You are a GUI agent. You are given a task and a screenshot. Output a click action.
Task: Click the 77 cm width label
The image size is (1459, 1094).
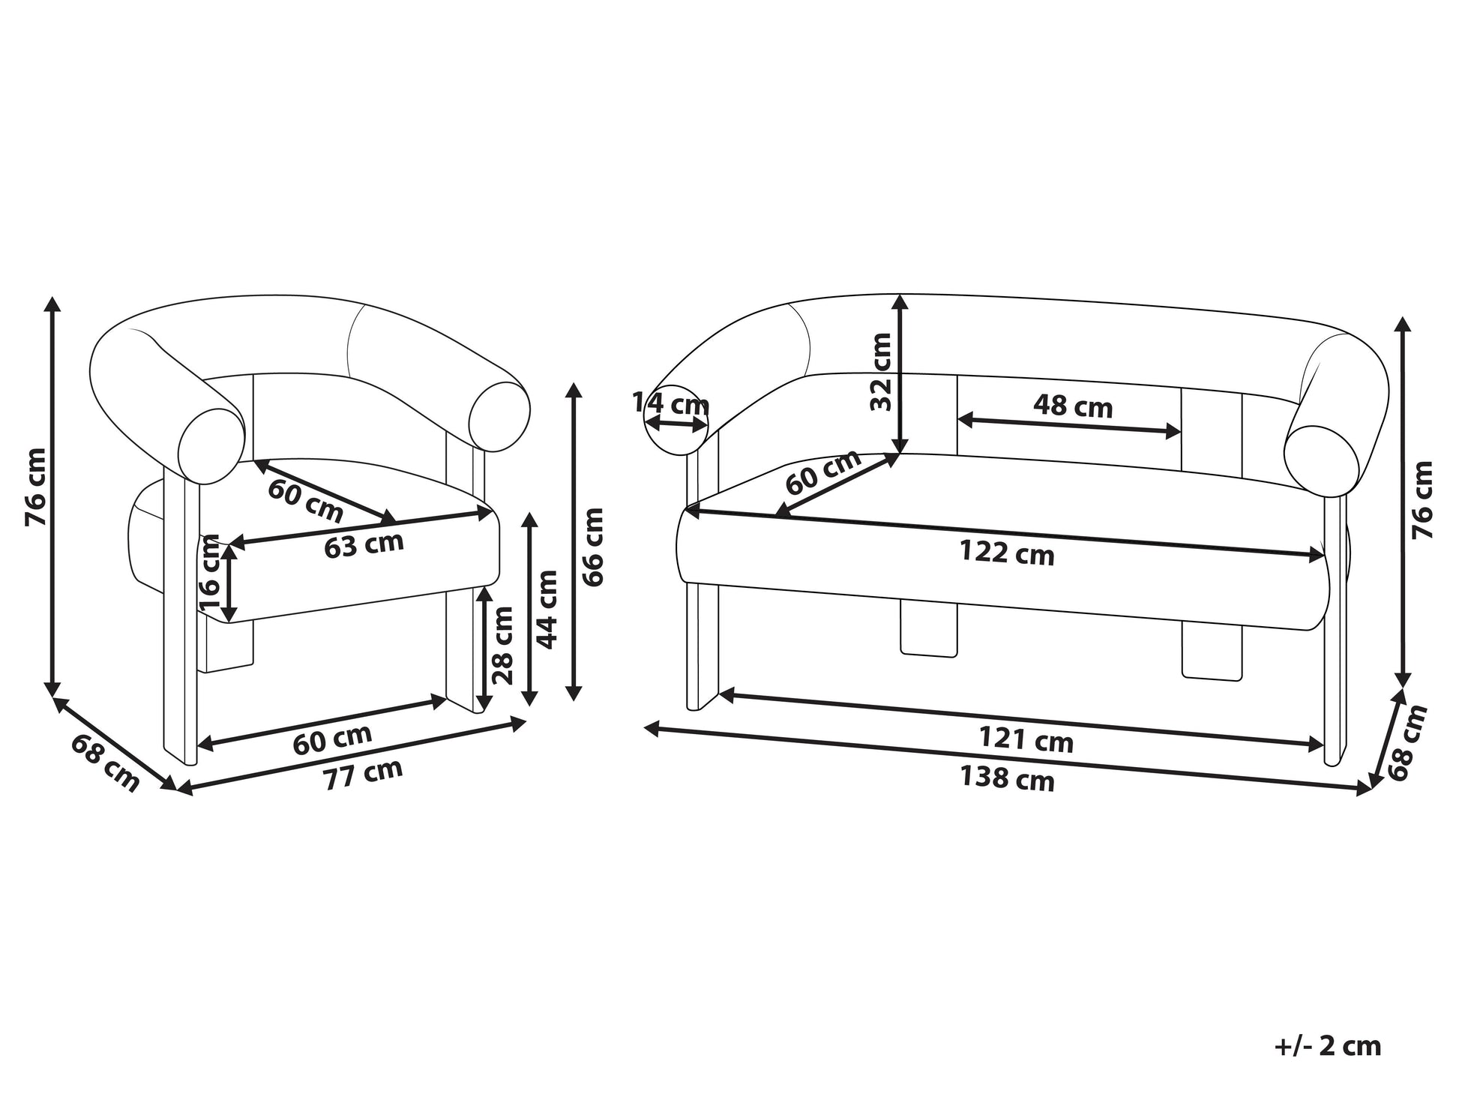(363, 773)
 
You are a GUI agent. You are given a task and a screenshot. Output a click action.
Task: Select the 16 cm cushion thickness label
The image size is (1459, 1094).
(209, 572)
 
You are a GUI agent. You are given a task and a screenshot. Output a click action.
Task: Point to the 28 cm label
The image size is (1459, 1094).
(503, 646)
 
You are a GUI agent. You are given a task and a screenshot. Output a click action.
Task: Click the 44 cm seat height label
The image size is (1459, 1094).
(547, 609)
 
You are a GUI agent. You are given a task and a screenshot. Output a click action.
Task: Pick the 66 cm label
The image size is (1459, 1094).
(592, 547)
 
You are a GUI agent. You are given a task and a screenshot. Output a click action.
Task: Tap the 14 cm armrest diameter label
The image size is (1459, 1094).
(670, 403)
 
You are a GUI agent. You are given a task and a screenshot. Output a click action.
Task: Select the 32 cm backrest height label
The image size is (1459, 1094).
(882, 372)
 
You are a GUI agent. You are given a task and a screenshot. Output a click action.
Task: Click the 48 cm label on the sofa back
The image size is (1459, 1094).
(1073, 406)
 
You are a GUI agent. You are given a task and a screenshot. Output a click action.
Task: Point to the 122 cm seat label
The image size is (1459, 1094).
(1007, 553)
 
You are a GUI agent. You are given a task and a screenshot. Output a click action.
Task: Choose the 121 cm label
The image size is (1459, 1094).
(1026, 741)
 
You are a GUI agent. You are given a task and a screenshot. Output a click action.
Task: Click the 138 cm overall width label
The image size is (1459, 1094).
(1007, 779)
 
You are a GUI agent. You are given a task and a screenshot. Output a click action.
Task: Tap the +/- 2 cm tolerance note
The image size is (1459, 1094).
(1327, 1045)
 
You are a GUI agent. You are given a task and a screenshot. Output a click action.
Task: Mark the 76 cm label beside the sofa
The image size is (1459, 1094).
(1422, 499)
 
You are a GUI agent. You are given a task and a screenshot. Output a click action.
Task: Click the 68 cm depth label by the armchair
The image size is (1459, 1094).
(106, 763)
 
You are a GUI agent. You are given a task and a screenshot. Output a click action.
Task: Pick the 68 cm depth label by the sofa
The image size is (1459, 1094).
(1407, 742)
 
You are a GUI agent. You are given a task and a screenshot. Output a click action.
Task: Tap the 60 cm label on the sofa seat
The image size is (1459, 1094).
(823, 472)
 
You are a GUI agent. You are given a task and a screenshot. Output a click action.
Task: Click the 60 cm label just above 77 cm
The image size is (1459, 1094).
(332, 740)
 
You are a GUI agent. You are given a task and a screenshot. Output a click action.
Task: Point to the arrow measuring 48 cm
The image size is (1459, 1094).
(1070, 425)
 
